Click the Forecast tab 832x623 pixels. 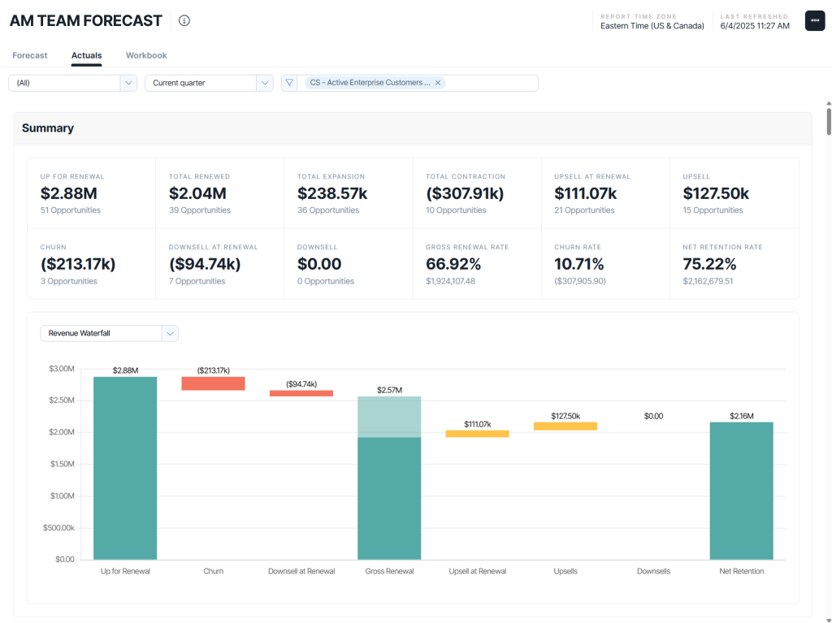pyautogui.click(x=30, y=55)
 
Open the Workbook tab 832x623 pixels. pyautogui.click(x=146, y=55)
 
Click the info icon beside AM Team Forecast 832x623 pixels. pyautogui.click(x=184, y=21)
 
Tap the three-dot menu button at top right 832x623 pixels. pyautogui.click(x=814, y=21)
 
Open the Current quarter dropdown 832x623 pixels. pyautogui.click(x=209, y=83)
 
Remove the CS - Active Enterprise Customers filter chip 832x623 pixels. pyautogui.click(x=438, y=83)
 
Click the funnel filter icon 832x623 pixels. pyautogui.click(x=289, y=83)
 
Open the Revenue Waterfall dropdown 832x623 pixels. pyautogui.click(x=109, y=333)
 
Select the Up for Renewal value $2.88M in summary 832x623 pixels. pyautogui.click(x=69, y=193)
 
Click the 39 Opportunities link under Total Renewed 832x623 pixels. pyautogui.click(x=200, y=210)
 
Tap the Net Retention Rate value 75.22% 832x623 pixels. pyautogui.click(x=709, y=264)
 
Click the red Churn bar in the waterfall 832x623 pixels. pyautogui.click(x=213, y=383)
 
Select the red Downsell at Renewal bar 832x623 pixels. pyautogui.click(x=301, y=393)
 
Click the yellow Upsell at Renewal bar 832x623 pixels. pyautogui.click(x=477, y=434)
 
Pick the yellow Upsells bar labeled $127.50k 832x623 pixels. pyautogui.click(x=565, y=426)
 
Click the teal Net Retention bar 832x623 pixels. pyautogui.click(x=741, y=491)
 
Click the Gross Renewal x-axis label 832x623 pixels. pyautogui.click(x=389, y=571)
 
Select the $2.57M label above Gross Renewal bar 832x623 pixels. pyautogui.click(x=389, y=390)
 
